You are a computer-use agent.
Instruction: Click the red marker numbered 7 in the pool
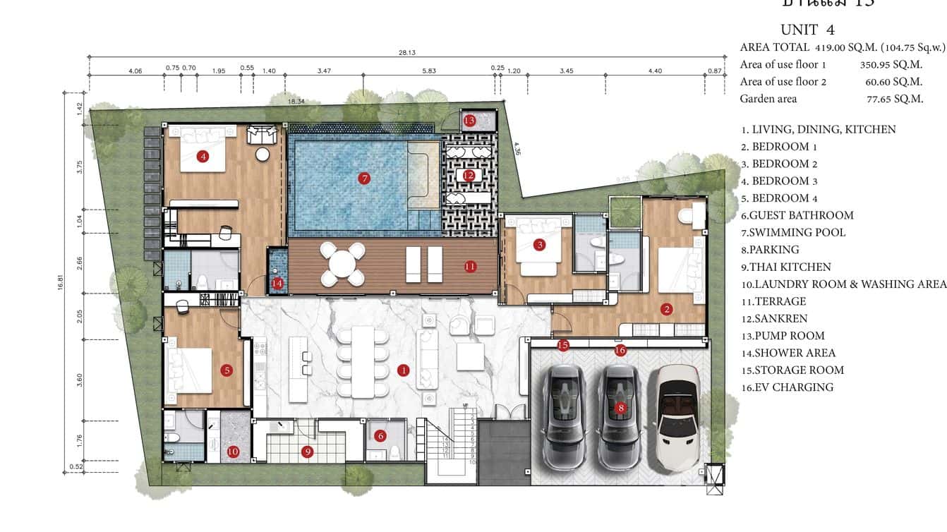tap(364, 179)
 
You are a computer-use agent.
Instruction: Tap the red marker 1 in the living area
tap(403, 370)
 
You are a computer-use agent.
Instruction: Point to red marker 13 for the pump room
tap(470, 121)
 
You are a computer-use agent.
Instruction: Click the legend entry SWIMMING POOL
tap(792, 233)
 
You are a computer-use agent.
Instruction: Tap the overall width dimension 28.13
tap(406, 52)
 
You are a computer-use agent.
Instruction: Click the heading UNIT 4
tap(807, 30)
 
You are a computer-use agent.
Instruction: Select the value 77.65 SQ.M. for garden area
tap(894, 99)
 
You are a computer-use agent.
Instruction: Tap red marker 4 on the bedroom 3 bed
tap(203, 157)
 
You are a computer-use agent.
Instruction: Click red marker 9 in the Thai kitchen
tap(307, 452)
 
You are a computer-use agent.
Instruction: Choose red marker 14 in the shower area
tap(277, 283)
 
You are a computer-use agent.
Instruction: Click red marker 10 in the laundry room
tap(233, 452)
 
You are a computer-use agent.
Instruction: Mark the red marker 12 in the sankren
tap(469, 175)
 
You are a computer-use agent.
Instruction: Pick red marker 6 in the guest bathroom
tap(380, 436)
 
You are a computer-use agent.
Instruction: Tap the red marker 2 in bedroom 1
tap(665, 308)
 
